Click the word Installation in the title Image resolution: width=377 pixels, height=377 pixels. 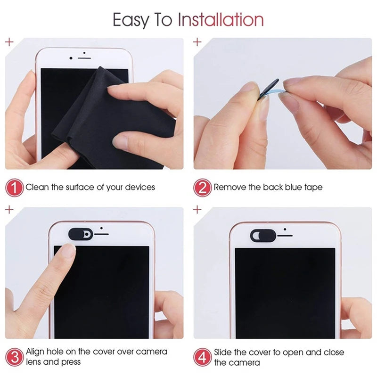[x=220, y=20]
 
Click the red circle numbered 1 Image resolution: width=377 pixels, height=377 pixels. [x=15, y=188]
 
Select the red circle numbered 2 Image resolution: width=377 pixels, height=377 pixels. [x=202, y=188]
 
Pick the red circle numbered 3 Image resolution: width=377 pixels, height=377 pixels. [x=15, y=357]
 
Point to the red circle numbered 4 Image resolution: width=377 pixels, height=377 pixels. [x=202, y=357]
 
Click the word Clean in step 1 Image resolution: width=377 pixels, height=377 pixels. [x=37, y=188]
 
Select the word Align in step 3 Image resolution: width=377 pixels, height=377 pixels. [x=36, y=352]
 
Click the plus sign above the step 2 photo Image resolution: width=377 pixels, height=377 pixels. [x=197, y=42]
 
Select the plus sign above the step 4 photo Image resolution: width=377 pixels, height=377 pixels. [x=197, y=209]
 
